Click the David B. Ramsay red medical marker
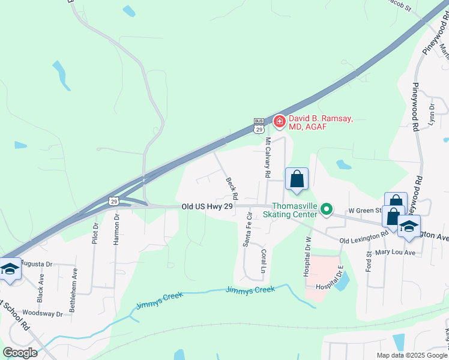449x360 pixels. pyautogui.click(x=279, y=122)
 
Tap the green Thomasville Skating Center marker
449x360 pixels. pyautogui.click(x=327, y=209)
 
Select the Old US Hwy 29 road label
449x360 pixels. pyautogui.click(x=206, y=206)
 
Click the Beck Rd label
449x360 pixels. pyautogui.click(x=232, y=188)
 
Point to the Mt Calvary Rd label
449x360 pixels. pyautogui.click(x=268, y=158)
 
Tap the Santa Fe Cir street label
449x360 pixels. pyautogui.click(x=246, y=232)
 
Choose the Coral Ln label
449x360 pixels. pyautogui.click(x=263, y=262)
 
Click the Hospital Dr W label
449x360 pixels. pyautogui.click(x=309, y=255)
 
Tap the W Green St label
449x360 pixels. pyautogui.click(x=365, y=210)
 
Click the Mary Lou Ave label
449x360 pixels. pyautogui.click(x=396, y=253)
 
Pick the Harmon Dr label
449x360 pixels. pyautogui.click(x=116, y=229)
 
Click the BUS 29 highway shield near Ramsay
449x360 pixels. pyautogui.click(x=259, y=125)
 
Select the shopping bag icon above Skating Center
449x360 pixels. pyautogui.click(x=297, y=179)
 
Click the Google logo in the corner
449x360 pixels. pyautogui.click(x=20, y=353)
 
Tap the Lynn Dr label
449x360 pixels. pyautogui.click(x=432, y=114)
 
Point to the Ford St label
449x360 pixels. pyautogui.click(x=368, y=262)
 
